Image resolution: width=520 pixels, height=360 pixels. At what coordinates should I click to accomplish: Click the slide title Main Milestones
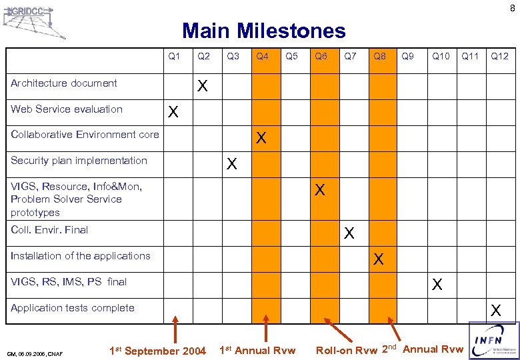click(x=264, y=31)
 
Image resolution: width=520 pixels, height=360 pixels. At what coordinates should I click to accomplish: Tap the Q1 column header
click(x=174, y=56)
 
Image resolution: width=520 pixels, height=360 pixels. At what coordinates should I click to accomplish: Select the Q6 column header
click(x=321, y=56)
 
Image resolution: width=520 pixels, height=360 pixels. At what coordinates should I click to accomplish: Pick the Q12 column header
click(x=499, y=56)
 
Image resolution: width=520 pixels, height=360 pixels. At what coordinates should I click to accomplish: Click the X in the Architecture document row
click(x=203, y=87)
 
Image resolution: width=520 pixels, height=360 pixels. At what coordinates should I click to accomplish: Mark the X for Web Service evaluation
click(x=173, y=113)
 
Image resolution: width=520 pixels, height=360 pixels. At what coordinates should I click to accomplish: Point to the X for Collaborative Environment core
click(x=261, y=138)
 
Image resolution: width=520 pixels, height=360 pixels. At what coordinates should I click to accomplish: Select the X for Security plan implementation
click(x=232, y=163)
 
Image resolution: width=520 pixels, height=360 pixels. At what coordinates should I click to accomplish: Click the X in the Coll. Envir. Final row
click(x=349, y=233)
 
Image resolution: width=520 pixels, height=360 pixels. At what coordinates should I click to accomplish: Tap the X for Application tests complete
click(x=495, y=310)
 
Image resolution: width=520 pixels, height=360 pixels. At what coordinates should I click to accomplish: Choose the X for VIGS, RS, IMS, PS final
click(x=437, y=285)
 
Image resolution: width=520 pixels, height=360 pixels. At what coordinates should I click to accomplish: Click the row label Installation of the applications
click(x=81, y=256)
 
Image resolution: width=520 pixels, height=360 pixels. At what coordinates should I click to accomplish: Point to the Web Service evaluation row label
click(x=67, y=109)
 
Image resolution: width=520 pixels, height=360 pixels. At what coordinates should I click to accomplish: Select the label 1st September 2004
click(x=157, y=351)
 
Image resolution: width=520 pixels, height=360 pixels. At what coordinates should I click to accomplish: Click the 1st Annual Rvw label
click(x=257, y=351)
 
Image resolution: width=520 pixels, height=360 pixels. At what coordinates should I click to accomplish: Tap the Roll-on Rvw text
click(x=347, y=351)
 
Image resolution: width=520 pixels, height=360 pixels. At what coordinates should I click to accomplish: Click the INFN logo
click(x=493, y=341)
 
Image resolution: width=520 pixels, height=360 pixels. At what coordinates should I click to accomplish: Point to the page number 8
click(x=512, y=8)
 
